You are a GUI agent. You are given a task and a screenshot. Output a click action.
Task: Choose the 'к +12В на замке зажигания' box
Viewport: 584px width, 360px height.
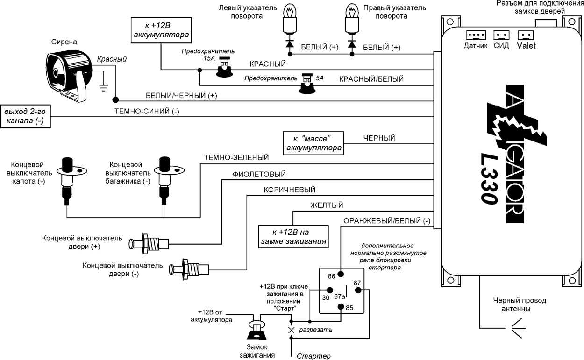click(x=293, y=237)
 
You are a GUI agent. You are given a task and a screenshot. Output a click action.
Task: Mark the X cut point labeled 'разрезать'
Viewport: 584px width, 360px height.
click(x=291, y=330)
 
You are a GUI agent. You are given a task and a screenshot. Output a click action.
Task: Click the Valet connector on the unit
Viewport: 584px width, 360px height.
click(x=526, y=35)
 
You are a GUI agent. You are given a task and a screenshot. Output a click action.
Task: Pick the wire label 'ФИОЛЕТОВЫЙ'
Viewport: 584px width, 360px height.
click(x=259, y=174)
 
